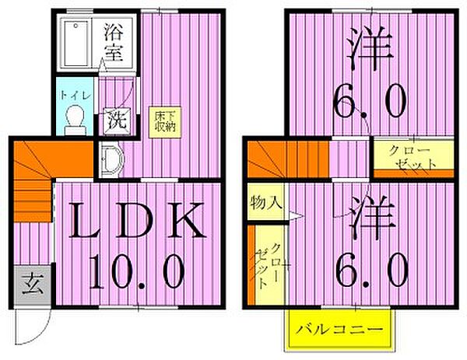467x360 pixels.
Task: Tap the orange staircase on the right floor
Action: pos(280,159)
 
